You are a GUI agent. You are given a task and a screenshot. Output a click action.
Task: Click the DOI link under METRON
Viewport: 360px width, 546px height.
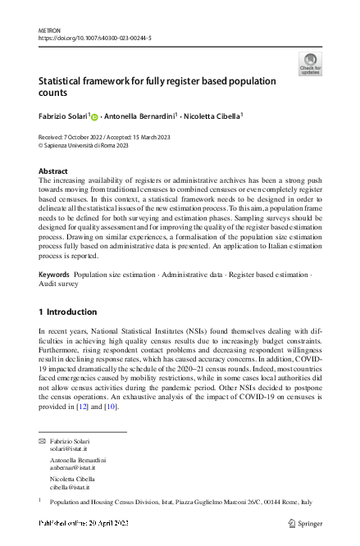pyautogui.click(x=95, y=37)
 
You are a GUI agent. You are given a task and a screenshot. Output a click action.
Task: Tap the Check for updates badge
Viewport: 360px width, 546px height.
pyautogui.click(x=311, y=63)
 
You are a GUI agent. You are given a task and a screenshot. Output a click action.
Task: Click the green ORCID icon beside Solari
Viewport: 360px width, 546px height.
pyautogui.click(x=94, y=117)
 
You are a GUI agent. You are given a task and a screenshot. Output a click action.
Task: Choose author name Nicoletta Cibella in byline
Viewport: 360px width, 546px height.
pyautogui.click(x=212, y=117)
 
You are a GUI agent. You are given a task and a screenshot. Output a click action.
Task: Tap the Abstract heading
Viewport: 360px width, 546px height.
pyautogui.click(x=53, y=171)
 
